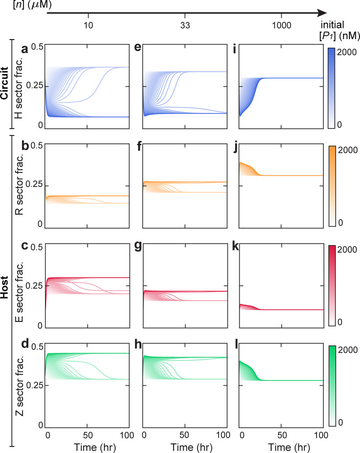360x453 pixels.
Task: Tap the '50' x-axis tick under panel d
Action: coord(88,434)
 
